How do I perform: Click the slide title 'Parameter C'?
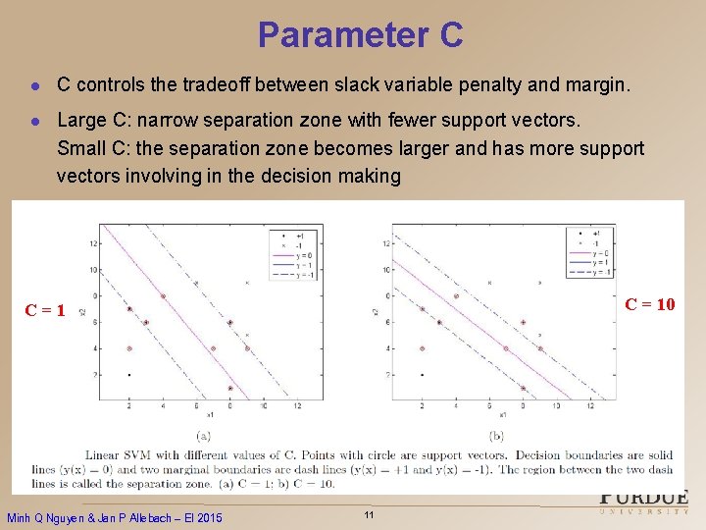360,35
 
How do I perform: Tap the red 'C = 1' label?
45,311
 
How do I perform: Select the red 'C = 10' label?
650,304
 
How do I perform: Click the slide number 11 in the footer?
369,515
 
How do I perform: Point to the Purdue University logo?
643,503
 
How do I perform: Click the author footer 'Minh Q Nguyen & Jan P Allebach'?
115,517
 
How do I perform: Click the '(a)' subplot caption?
203,435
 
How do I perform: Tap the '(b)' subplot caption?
496,435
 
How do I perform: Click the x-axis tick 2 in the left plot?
128,405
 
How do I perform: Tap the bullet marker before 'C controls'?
34,86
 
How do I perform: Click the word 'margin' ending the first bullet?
592,85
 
